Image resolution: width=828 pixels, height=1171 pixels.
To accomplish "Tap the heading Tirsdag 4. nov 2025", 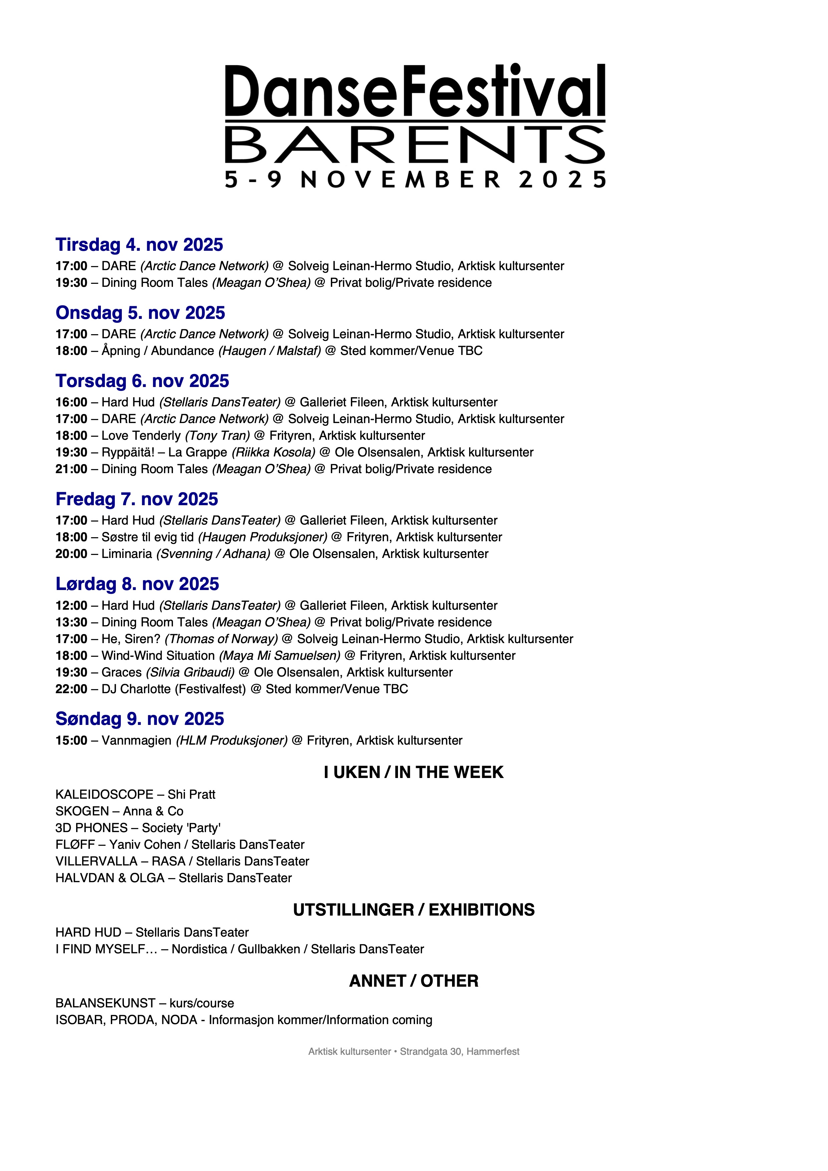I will tap(139, 245).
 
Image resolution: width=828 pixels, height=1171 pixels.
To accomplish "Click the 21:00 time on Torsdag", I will tap(71, 469).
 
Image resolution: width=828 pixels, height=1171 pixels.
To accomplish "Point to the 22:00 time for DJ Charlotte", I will tap(71, 689).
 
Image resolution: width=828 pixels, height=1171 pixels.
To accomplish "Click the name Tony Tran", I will tap(218, 436).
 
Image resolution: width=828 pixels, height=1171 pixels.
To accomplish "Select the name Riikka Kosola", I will tap(274, 452).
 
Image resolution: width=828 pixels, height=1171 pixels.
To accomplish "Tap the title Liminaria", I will tap(127, 554).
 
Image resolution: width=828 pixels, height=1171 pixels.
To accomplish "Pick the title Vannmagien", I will tap(136, 741).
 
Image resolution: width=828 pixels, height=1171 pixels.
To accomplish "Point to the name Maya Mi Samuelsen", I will tap(280, 656).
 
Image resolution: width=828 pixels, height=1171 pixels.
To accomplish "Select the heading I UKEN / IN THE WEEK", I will tap(413, 773).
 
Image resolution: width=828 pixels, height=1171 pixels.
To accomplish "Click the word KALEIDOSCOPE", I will tap(104, 795).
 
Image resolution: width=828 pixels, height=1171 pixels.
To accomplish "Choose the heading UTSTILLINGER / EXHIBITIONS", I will tap(413, 910).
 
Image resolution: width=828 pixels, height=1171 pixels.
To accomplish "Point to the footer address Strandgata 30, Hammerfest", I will tap(459, 1052).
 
